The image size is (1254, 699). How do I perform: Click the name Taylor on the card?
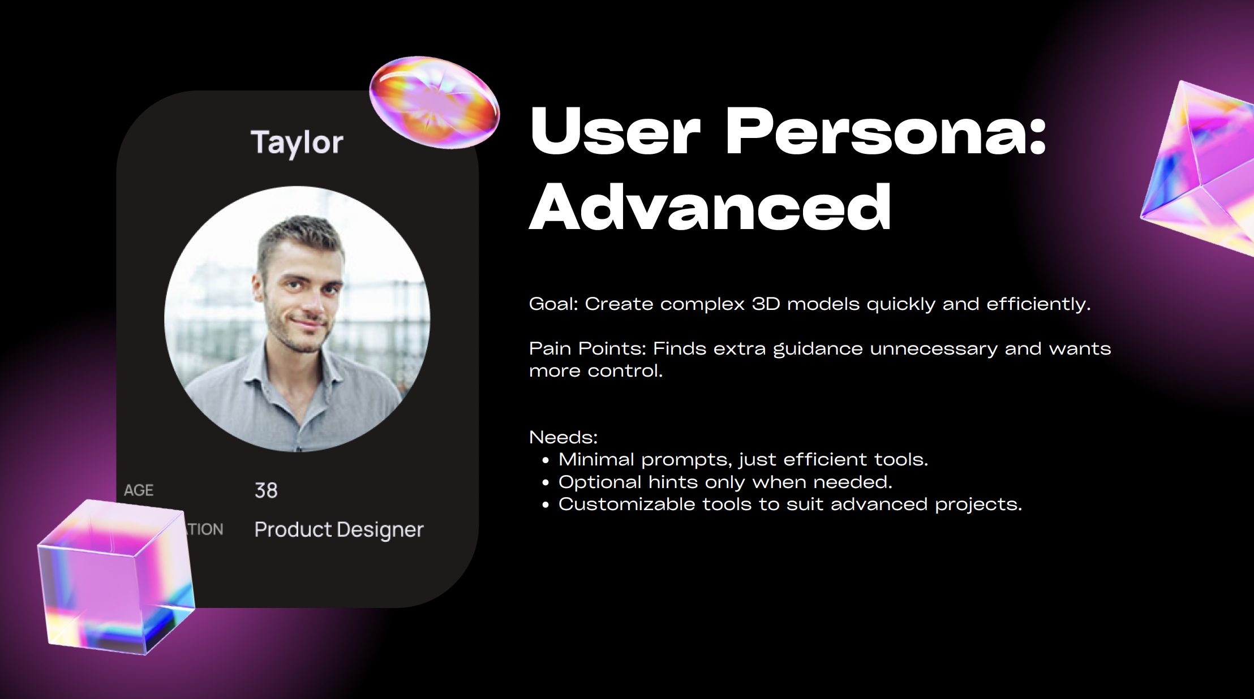tap(297, 142)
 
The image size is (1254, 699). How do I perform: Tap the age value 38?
tap(266, 490)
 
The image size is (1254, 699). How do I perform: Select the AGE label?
tap(139, 490)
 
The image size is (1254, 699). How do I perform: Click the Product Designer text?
tap(339, 530)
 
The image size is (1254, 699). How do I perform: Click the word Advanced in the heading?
tap(710, 207)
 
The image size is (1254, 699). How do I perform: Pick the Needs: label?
tap(563, 437)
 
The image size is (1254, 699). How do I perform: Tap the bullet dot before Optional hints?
tap(546, 483)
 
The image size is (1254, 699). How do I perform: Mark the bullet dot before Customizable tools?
tap(546, 505)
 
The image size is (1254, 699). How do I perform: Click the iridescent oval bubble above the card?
tap(435, 102)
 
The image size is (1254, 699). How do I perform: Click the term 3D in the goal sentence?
tap(766, 304)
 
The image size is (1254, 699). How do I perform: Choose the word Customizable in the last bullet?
tap(626, 504)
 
